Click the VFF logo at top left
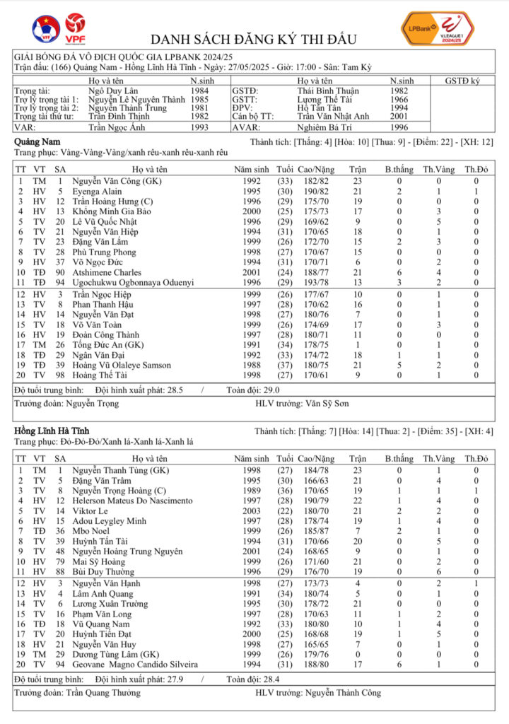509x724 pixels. coord(46,28)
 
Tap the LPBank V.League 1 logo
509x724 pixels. coord(436,29)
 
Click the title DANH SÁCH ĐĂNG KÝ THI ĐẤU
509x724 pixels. coord(254,39)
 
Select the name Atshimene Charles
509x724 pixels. coord(107,272)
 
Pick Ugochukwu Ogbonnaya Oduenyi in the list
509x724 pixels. coord(133,282)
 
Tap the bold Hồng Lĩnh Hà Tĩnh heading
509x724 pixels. coord(52,431)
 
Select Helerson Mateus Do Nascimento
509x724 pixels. coord(132,501)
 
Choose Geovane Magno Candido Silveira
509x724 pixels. coord(135,665)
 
